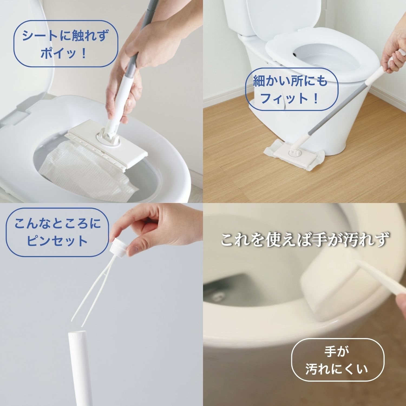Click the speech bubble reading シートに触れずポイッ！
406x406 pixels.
pos(66,44)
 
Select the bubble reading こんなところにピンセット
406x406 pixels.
pos(57,232)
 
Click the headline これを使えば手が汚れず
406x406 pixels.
pos(304,240)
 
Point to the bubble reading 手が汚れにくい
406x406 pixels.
pos(338,360)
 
